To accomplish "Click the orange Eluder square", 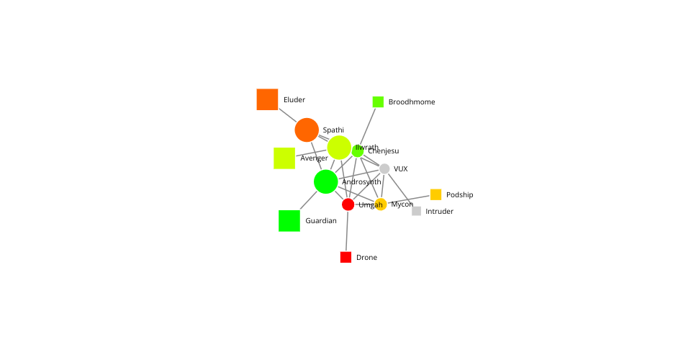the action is (267, 99).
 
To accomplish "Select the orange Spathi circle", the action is (307, 130).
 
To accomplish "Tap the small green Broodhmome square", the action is (378, 102).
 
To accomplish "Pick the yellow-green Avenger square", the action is (284, 158).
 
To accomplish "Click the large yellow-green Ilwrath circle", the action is (339, 148).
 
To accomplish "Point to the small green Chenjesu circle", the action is (358, 150).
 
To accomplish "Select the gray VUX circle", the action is (384, 168).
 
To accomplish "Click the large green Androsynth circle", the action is (325, 181).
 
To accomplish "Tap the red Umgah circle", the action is (348, 204).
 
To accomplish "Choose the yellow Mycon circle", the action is (380, 204).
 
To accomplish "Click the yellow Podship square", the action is (436, 194).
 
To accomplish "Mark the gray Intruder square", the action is (417, 211).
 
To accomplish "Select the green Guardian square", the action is (289, 221).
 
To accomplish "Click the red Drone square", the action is (346, 257).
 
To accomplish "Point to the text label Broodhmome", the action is (412, 102).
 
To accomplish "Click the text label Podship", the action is (460, 195).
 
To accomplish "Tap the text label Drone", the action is (366, 257).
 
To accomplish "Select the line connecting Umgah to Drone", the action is (347, 231).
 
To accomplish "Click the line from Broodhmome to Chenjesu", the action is (368, 126).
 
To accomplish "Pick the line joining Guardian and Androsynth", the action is (309, 200).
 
